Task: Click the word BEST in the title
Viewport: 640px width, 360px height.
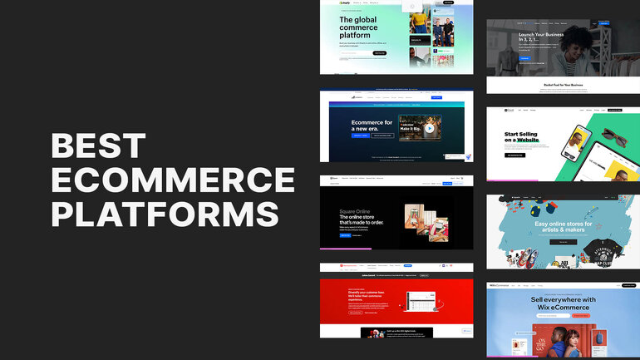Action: point(98,147)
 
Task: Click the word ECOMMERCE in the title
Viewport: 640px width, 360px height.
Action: point(173,180)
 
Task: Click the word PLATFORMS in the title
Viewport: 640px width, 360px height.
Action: point(165,213)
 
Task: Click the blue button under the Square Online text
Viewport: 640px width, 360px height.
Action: point(345,235)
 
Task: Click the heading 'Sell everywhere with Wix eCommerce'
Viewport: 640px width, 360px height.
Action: point(563,303)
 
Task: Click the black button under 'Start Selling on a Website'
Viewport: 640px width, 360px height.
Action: point(515,155)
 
